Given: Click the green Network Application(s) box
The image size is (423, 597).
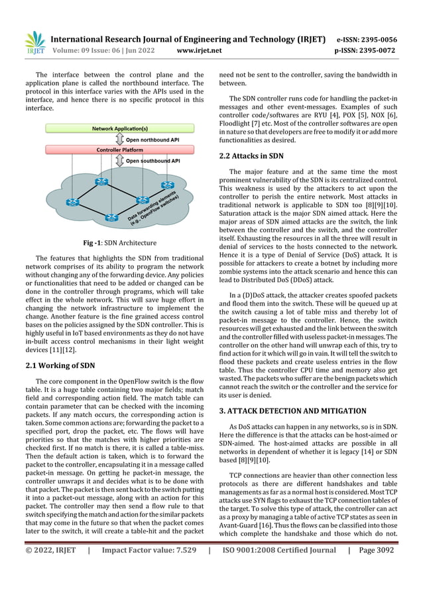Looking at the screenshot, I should coord(120,129).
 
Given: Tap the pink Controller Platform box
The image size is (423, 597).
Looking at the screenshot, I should coord(120,150).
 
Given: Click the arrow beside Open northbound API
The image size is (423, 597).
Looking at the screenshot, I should coord(119,140).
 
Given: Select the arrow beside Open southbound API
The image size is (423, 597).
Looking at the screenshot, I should coord(119,160).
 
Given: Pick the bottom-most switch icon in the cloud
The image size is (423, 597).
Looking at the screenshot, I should coord(113,217).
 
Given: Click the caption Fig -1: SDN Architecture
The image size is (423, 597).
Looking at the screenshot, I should coord(119,242).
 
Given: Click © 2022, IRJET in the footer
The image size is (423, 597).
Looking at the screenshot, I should coord(51,586).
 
